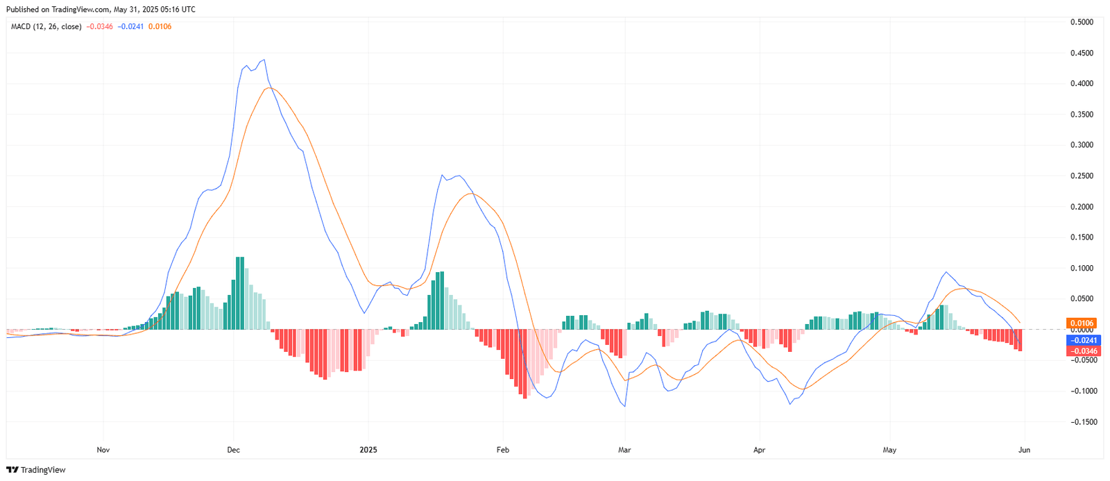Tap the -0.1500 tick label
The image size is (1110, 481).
(x=1080, y=421)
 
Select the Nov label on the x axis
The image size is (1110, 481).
(x=103, y=450)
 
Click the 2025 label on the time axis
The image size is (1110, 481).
(x=368, y=450)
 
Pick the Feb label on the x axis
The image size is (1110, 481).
(x=503, y=450)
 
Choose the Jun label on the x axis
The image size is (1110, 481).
(x=1024, y=450)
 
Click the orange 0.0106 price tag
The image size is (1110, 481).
(x=1082, y=323)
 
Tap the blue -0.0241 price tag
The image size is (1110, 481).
(x=1082, y=340)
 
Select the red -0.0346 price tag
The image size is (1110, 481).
(x=1082, y=351)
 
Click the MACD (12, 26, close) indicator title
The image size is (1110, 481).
(x=46, y=26)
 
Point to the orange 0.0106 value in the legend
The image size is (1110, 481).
(x=160, y=26)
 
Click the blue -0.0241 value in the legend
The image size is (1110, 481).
(x=130, y=26)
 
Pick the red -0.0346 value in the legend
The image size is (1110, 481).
(x=100, y=26)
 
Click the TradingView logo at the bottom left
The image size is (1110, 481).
(x=36, y=470)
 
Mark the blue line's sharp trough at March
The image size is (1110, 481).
(x=625, y=406)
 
